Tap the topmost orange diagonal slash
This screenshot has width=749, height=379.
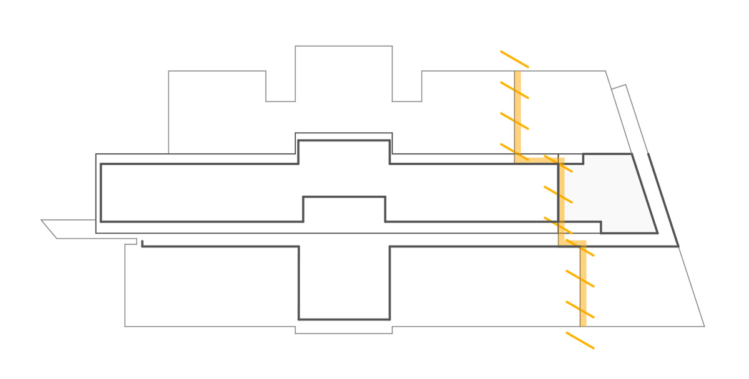pyautogui.click(x=514, y=59)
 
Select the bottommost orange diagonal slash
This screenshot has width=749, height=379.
pyautogui.click(x=580, y=340)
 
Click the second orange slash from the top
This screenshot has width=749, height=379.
pyautogui.click(x=514, y=90)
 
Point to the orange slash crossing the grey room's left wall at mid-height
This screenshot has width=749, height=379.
pyautogui.click(x=558, y=194)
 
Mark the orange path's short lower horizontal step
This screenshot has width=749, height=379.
pyautogui.click(x=572, y=242)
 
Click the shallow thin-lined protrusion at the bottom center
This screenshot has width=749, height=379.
pyautogui.click(x=343, y=330)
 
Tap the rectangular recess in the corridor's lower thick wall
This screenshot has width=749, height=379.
pyautogui.click(x=344, y=209)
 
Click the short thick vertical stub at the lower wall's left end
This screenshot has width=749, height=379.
pyautogui.click(x=142, y=243)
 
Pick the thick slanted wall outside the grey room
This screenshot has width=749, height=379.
pyautogui.click(x=663, y=199)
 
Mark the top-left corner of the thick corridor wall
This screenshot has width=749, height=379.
pyautogui.click(x=101, y=164)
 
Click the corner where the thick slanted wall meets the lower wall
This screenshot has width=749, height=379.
pyautogui.click(x=678, y=246)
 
